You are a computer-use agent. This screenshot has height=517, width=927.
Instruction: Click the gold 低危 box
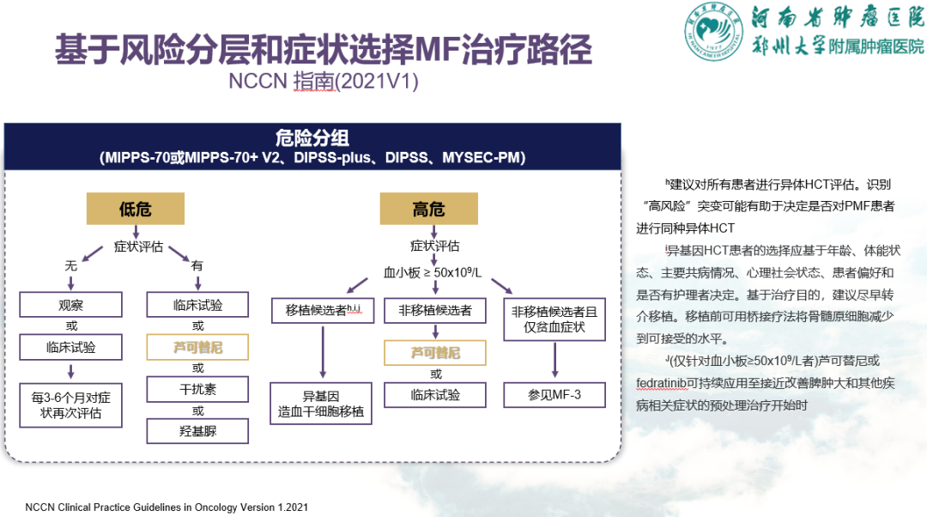pyautogui.click(x=136, y=209)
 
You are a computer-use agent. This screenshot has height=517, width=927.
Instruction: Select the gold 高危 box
pyautogui.click(x=428, y=209)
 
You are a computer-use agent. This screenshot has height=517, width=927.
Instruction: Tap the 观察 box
pyautogui.click(x=71, y=305)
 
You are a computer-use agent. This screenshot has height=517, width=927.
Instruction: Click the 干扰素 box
pyautogui.click(x=197, y=389)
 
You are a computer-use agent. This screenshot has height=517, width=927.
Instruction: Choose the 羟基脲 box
pyautogui.click(x=197, y=430)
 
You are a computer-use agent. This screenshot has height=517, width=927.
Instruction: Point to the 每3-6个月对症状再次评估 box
pyautogui.click(x=71, y=405)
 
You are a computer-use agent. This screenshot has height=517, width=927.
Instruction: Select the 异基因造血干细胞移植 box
pyautogui.click(x=322, y=404)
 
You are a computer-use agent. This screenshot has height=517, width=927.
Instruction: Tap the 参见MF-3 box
pyautogui.click(x=554, y=394)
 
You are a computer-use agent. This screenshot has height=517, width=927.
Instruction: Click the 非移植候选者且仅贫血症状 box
pyautogui.click(x=554, y=319)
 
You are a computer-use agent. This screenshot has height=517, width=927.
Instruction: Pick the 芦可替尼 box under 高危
pyautogui.click(x=435, y=352)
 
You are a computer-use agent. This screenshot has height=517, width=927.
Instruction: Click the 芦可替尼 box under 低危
pyautogui.click(x=197, y=347)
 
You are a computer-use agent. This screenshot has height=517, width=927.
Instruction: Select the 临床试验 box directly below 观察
pyautogui.click(x=71, y=347)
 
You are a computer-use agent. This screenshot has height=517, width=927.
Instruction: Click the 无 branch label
pyautogui.click(x=71, y=266)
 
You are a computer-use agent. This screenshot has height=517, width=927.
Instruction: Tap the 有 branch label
pyautogui.click(x=197, y=266)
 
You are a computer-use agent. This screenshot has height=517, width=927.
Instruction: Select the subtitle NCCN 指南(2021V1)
pyautogui.click(x=324, y=81)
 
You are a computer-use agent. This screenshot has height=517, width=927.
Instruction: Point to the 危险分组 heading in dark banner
pyautogui.click(x=312, y=137)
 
